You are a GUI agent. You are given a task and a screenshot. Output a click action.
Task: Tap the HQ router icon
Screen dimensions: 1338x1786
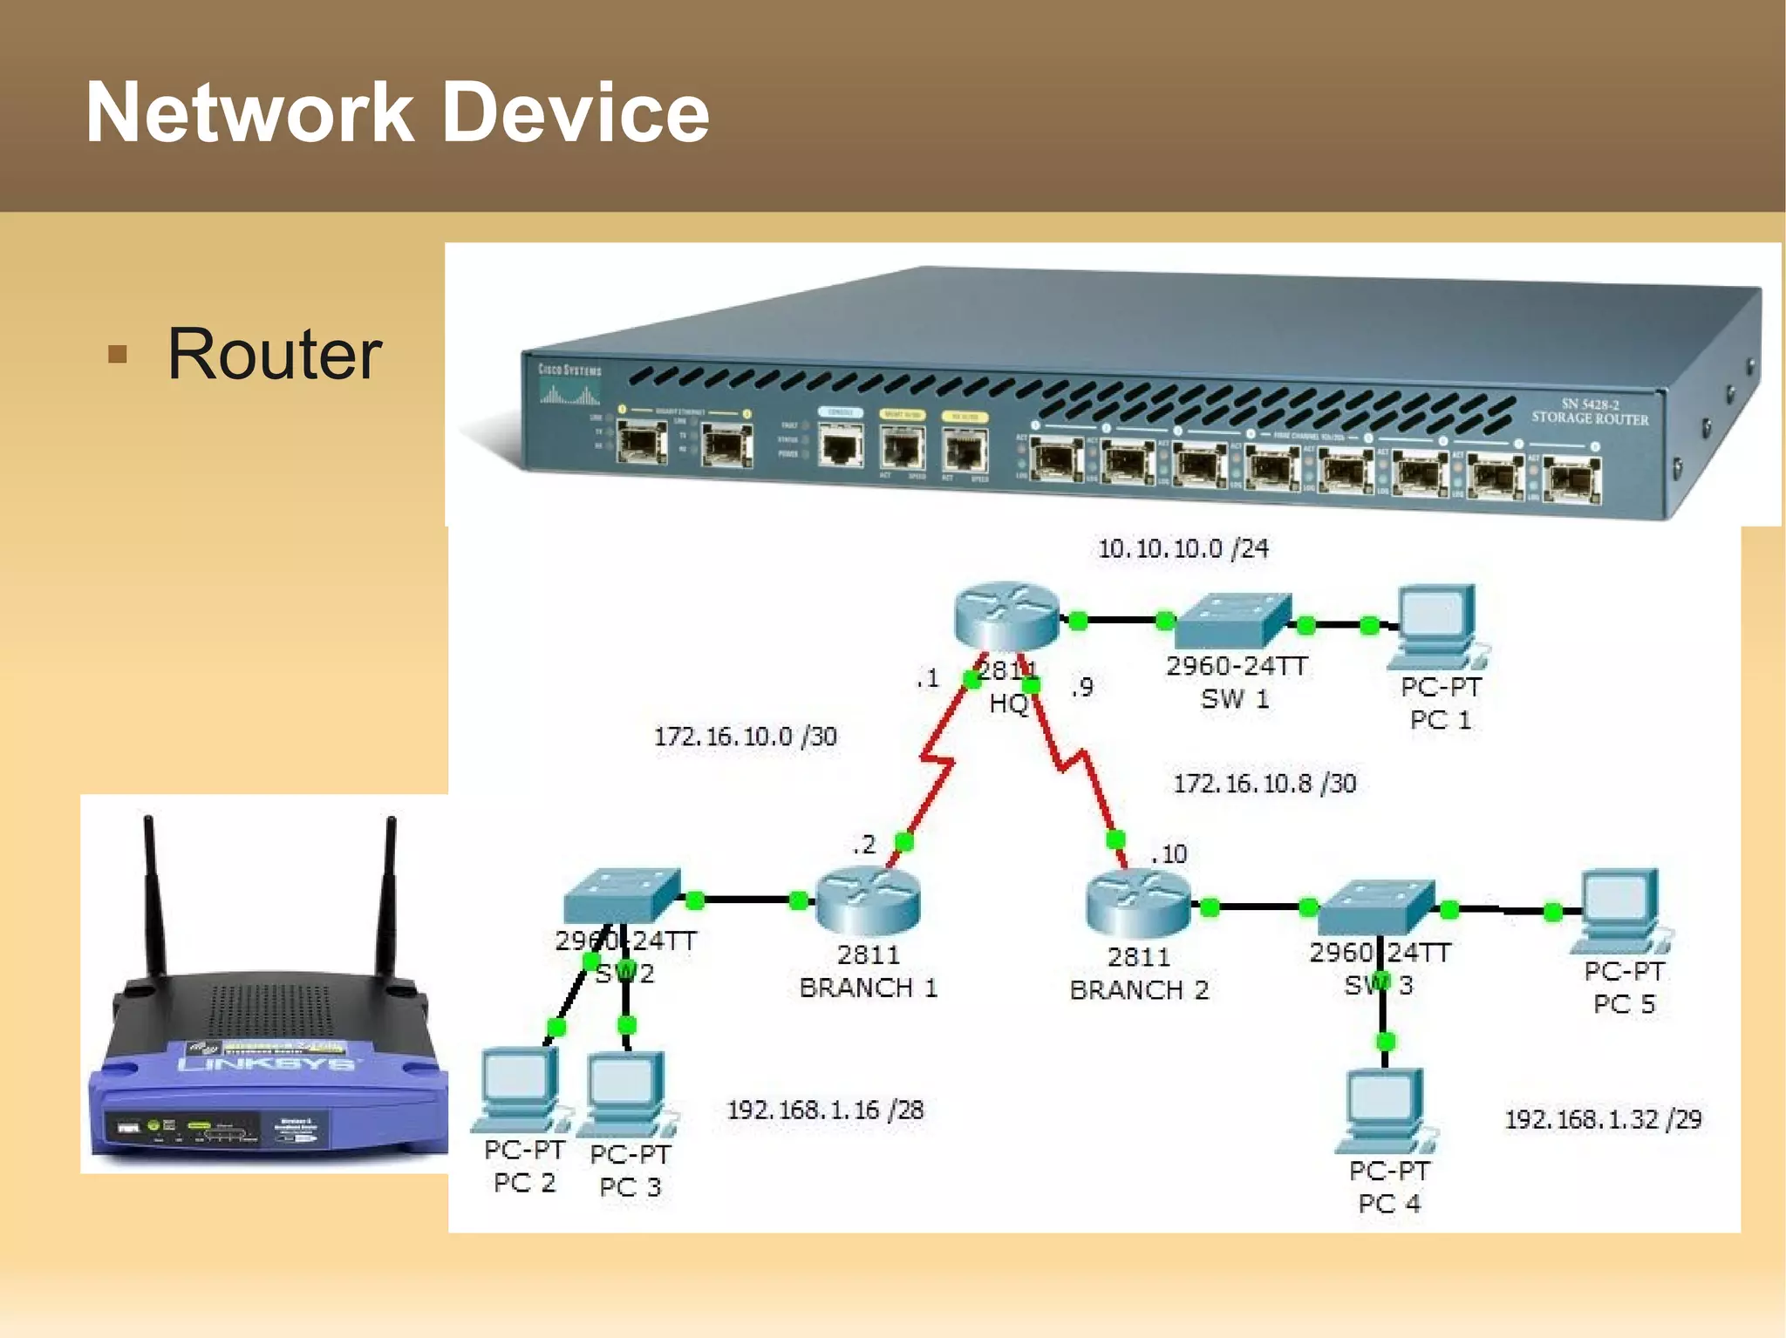click(1006, 616)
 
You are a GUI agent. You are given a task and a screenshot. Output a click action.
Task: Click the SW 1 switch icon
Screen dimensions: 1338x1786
click(1233, 620)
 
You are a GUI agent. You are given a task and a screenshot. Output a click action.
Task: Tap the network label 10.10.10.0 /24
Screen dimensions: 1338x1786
click(1183, 548)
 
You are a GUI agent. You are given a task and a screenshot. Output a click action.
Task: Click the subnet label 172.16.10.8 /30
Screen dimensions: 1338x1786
click(1264, 783)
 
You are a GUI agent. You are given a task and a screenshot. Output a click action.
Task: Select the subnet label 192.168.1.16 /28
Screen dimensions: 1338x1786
click(825, 1110)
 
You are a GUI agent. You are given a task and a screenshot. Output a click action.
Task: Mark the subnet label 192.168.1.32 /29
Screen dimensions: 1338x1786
click(1602, 1119)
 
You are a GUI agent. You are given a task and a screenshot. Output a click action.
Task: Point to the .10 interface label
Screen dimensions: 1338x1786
click(1169, 853)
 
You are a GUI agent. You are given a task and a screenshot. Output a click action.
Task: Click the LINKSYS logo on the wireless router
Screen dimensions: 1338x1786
click(267, 1063)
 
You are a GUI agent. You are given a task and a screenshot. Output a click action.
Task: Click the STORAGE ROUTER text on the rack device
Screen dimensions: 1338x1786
click(1590, 418)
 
